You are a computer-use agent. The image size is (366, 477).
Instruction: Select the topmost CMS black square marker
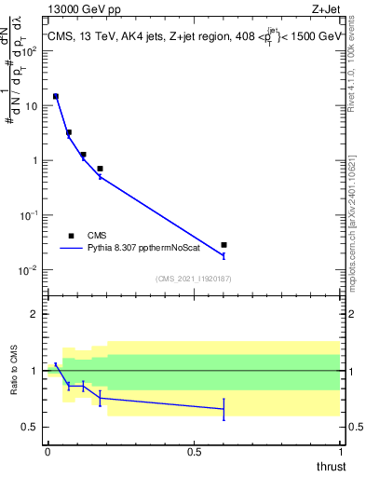56,96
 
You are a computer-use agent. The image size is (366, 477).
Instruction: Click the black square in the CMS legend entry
71,236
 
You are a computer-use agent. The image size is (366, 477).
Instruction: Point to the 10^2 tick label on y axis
29,50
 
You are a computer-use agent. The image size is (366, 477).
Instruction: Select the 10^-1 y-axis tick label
29,215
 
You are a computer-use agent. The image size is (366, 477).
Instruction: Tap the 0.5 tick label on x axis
194,452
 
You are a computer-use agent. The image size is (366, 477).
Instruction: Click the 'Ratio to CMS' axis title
11,370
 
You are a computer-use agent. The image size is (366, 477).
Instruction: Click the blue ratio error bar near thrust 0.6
224,409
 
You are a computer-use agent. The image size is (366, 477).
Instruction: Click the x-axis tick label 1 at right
340,452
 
